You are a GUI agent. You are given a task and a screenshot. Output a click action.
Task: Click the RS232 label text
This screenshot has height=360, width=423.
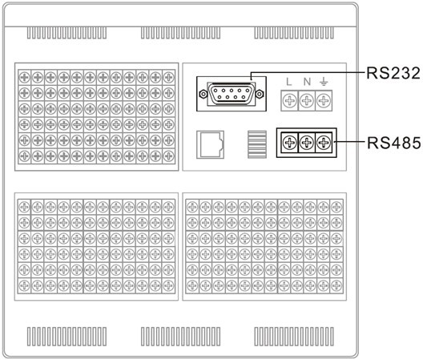393,73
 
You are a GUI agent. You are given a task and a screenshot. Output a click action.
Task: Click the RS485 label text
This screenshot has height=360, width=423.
394,143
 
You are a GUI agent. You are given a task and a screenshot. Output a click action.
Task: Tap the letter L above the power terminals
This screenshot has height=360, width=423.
289,82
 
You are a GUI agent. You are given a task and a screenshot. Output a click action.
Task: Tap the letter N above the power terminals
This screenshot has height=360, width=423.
307,82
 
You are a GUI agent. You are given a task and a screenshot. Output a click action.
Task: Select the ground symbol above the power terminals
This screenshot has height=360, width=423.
324,81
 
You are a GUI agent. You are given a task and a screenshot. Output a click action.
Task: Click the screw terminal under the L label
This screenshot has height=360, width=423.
289,101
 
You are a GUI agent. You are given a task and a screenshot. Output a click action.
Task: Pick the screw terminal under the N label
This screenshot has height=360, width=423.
307,101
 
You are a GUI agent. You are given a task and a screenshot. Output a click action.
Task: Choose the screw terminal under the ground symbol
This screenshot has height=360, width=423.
324,101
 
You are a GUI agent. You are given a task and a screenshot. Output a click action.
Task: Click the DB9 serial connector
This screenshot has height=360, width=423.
232,94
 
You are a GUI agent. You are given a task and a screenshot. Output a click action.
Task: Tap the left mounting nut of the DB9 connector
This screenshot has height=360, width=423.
203,94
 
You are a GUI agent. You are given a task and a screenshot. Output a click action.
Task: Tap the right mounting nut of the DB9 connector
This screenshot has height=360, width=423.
260,94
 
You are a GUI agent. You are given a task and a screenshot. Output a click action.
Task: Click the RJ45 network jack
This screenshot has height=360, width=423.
210,144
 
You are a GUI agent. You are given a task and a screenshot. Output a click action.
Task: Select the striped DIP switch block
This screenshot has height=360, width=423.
257,144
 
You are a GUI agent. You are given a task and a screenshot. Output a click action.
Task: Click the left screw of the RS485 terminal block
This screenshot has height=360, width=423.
289,143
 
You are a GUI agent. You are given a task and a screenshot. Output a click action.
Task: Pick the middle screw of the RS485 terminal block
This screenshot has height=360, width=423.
307,143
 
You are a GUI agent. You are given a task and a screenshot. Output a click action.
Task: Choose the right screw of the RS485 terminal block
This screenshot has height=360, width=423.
324,143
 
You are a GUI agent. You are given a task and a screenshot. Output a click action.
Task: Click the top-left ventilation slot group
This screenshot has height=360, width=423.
66,33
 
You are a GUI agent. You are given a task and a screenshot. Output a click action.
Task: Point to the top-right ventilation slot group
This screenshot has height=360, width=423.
294,33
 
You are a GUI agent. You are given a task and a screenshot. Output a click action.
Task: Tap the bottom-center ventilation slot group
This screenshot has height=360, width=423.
180,337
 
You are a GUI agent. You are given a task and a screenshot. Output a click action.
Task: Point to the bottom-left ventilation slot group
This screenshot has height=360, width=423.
66,337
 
